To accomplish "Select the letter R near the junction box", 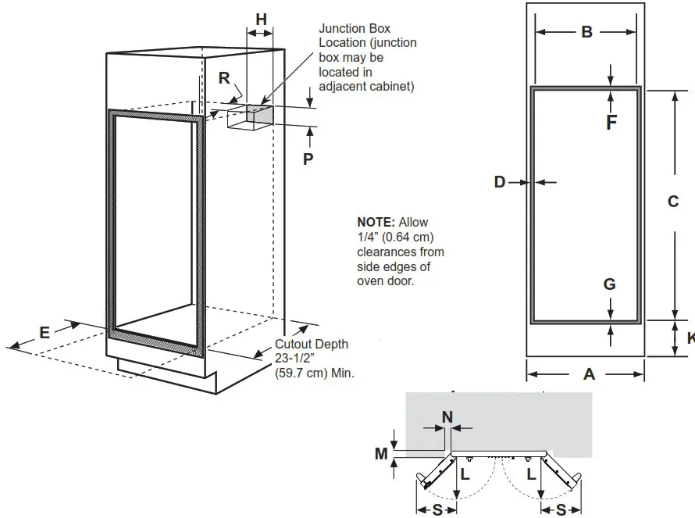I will click(224, 78).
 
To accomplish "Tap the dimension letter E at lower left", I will click(45, 332).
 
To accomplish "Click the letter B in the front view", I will click(586, 32).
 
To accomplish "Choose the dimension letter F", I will click(611, 123).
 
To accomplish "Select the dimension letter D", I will click(500, 182).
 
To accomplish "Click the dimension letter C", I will click(673, 202).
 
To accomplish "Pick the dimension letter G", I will click(610, 284).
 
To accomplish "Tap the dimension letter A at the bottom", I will click(589, 374).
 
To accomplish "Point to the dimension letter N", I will click(447, 417).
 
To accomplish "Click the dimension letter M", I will click(381, 452).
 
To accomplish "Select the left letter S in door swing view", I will click(437, 509).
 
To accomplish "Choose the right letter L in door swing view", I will click(531, 474).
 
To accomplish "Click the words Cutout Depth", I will click(312, 345).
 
